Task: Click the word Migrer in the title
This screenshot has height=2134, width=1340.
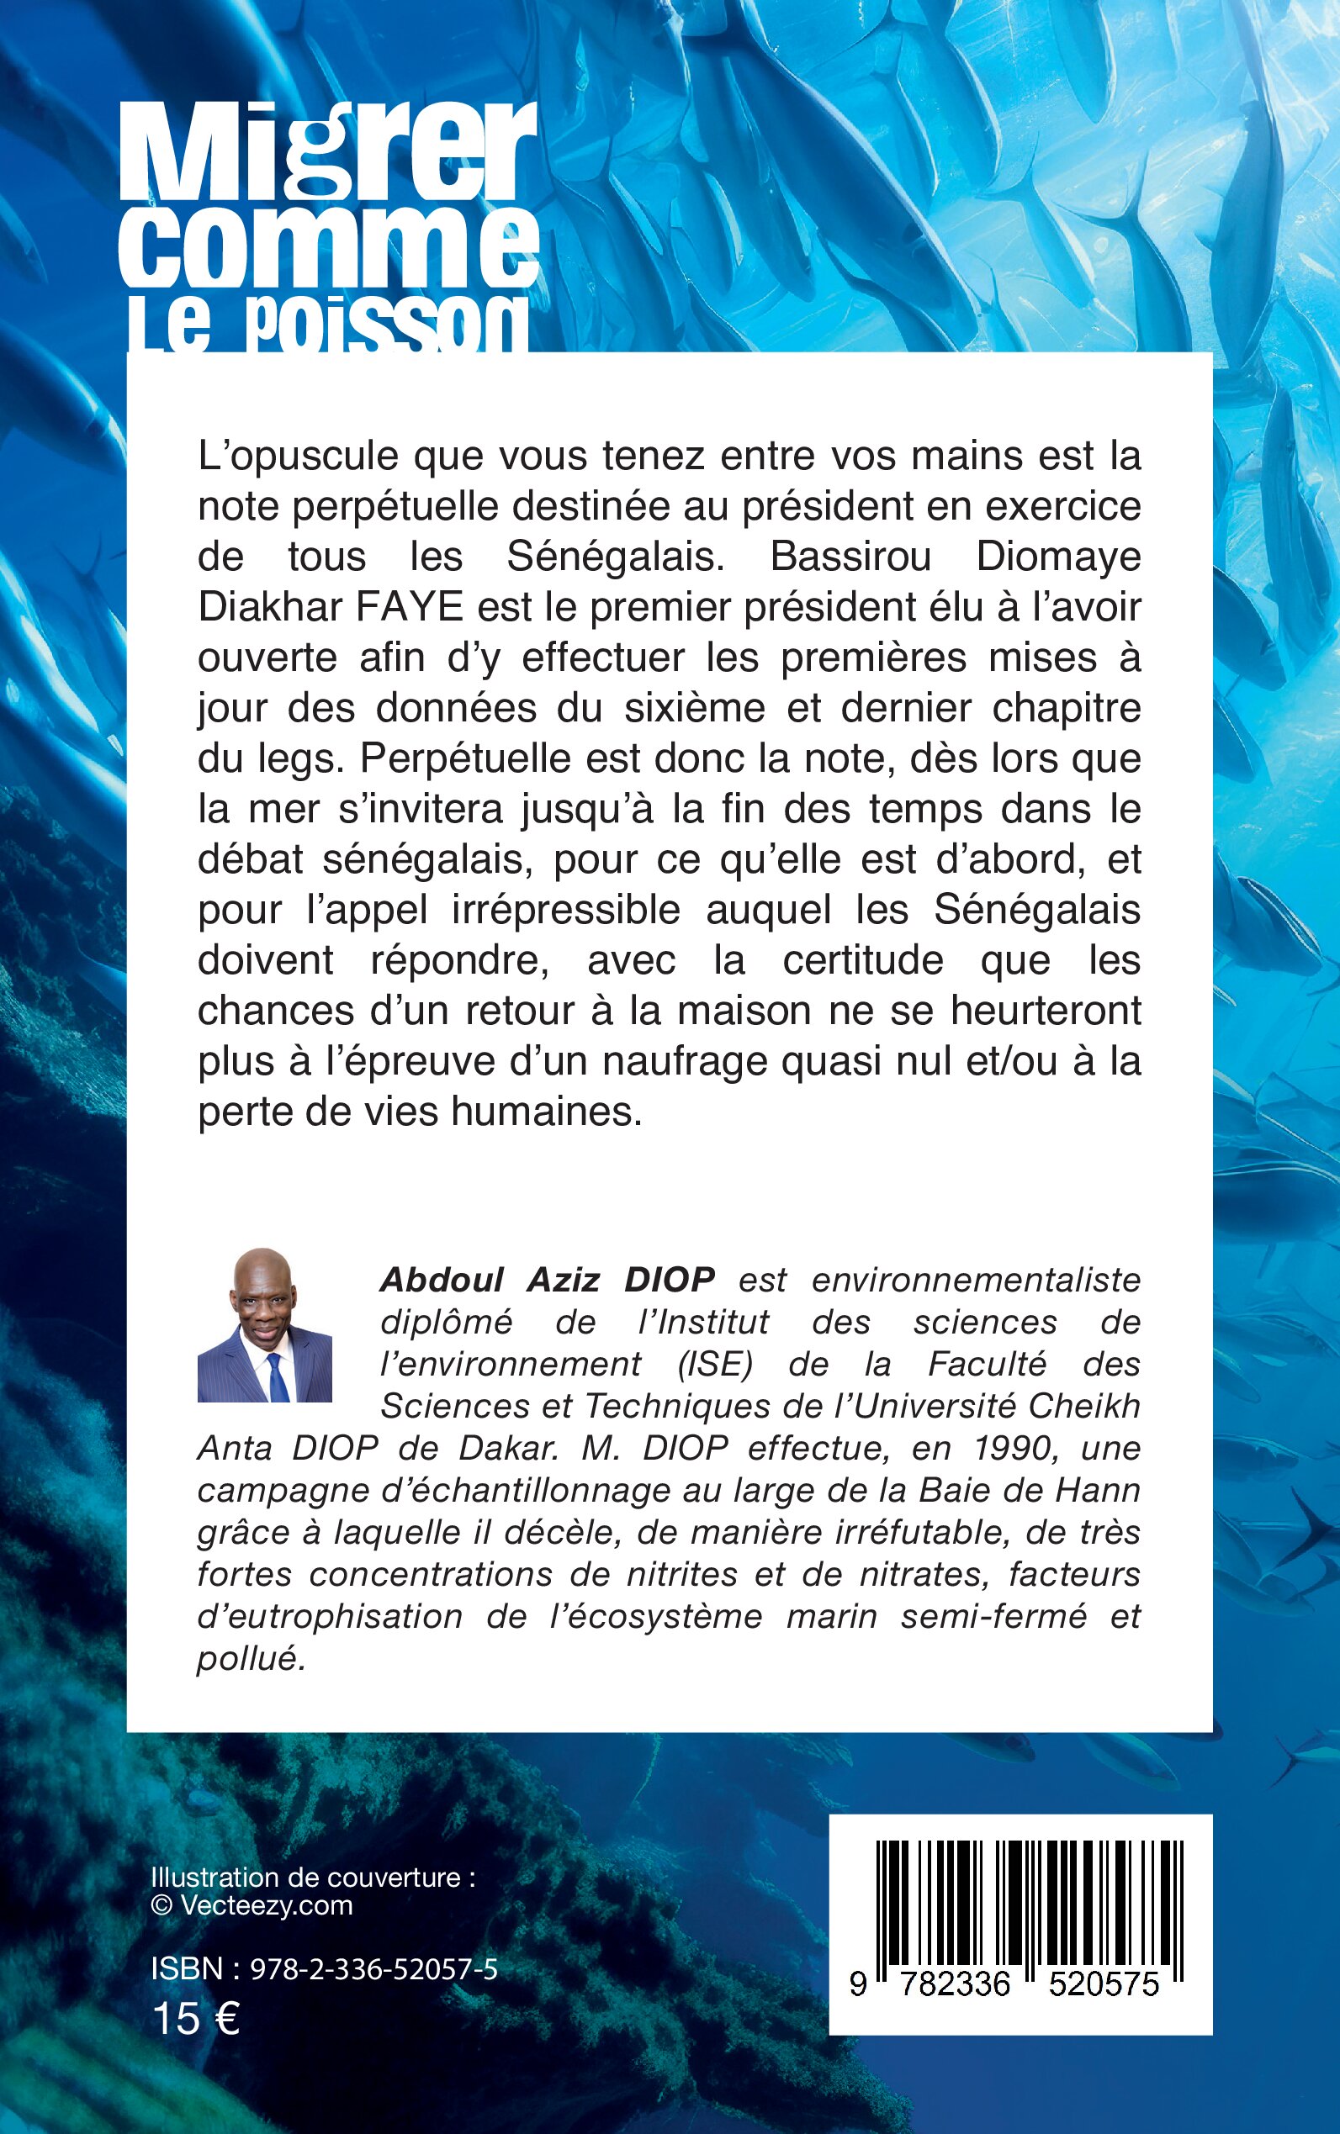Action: pos(327,152)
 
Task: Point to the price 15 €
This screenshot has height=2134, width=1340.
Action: pos(196,2020)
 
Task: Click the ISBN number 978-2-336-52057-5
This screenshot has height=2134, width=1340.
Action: pos(374,1969)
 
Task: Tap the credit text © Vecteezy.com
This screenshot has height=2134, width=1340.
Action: pos(252,1905)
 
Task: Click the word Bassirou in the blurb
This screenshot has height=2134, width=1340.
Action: pos(850,557)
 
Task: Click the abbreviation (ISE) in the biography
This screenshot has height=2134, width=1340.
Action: pos(714,1364)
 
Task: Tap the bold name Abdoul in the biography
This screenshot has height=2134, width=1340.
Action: pos(442,1280)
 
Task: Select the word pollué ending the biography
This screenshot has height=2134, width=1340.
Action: pos(250,1659)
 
